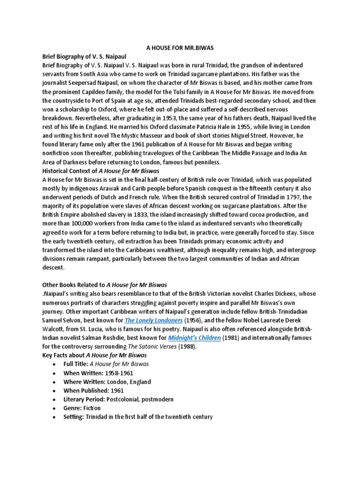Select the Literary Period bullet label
point(84,399)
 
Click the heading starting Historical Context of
point(87,171)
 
